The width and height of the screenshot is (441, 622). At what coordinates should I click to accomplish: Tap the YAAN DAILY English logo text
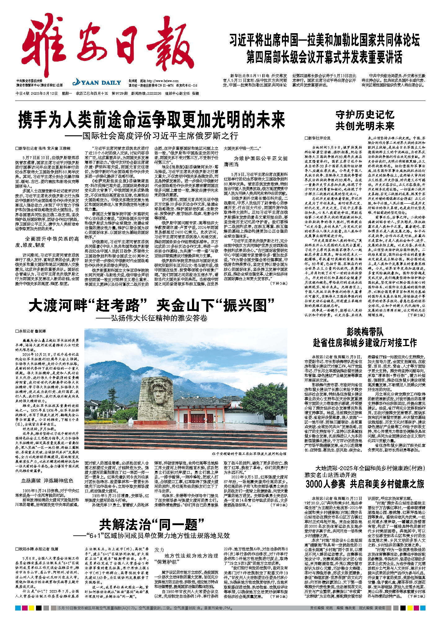click(x=97, y=83)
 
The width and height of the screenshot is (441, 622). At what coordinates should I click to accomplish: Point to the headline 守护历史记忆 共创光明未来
click(x=365, y=120)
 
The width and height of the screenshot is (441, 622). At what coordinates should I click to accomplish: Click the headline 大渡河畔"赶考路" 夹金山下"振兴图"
click(x=151, y=305)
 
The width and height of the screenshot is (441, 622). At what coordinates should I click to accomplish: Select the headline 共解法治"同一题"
click(x=151, y=525)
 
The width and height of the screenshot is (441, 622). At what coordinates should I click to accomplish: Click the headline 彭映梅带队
click(x=365, y=332)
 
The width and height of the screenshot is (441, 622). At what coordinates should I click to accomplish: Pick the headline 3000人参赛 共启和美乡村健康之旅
click(x=365, y=484)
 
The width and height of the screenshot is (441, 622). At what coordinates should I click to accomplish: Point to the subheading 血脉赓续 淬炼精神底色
click(x=47, y=480)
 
